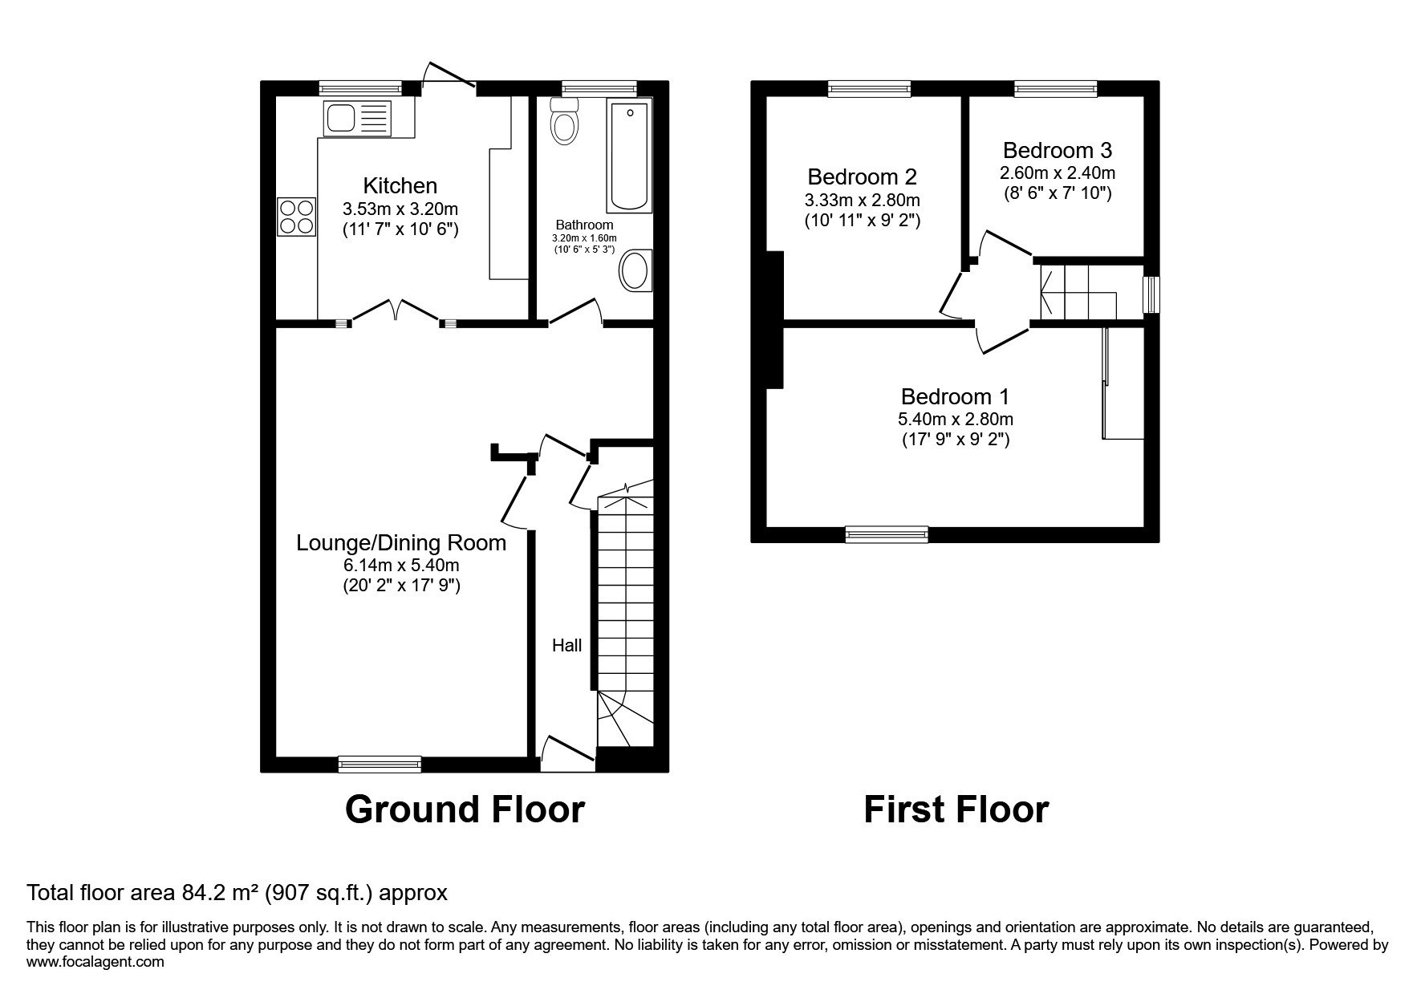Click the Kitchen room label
400,186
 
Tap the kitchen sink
357,118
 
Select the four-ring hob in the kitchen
297,217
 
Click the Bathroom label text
585,225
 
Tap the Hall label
566,645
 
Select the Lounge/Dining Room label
401,543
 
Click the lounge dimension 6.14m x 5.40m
401,566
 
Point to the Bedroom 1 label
955,396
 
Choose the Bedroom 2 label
862,176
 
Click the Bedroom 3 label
1058,150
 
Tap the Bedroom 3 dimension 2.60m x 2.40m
1058,172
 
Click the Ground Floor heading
465,810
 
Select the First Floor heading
956,810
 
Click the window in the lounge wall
380,764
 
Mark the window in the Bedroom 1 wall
887,534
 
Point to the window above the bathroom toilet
599,88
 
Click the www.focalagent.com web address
95,962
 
